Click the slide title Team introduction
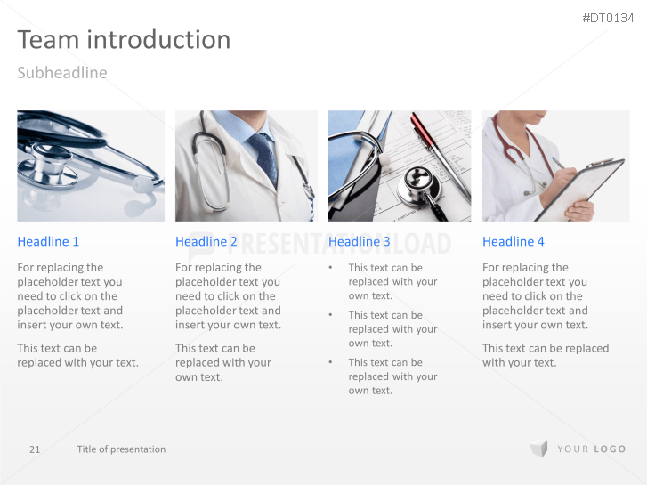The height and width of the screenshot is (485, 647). (124, 40)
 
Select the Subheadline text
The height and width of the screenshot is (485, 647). (62, 73)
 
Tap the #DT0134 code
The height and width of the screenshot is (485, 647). (608, 18)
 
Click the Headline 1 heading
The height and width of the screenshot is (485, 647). (48, 241)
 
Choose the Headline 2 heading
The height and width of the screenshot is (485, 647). (206, 241)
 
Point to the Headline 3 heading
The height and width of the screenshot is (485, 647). (359, 241)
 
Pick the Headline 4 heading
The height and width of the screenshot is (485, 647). (514, 241)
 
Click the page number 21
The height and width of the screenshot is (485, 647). (35, 449)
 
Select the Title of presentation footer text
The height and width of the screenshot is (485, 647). (121, 449)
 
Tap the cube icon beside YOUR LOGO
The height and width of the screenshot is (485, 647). (539, 449)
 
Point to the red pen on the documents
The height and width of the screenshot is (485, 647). (439, 157)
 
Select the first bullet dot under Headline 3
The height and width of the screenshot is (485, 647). (330, 268)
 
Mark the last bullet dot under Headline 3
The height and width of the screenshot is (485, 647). (330, 362)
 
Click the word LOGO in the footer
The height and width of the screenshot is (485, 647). (610, 449)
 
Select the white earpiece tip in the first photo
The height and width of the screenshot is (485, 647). (142, 185)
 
